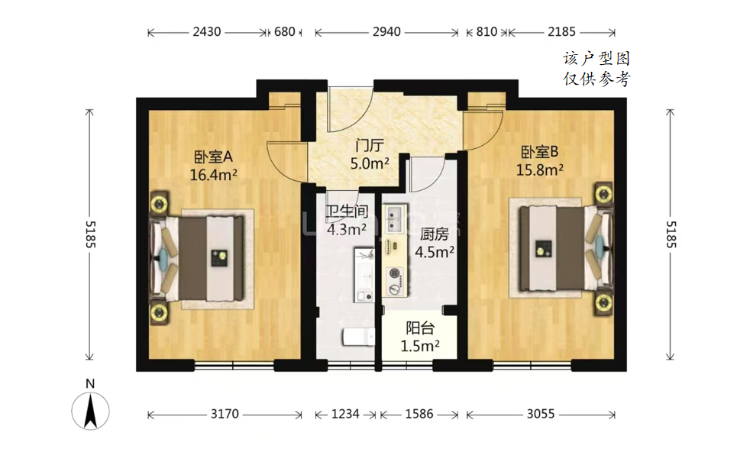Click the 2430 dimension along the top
click(207, 32)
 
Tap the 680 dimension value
click(284, 32)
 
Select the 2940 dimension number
click(386, 32)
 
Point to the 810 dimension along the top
click(486, 32)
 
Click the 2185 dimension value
click(561, 32)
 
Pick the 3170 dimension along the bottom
click(225, 414)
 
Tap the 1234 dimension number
click(345, 414)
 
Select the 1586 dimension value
click(419, 414)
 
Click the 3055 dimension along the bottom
click(541, 414)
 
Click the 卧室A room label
click(213, 157)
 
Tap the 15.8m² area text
click(540, 170)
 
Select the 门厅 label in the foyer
click(370, 146)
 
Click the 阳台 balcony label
click(420, 328)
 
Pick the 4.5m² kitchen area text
click(435, 252)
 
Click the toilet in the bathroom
click(359, 337)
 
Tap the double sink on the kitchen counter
click(394, 219)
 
